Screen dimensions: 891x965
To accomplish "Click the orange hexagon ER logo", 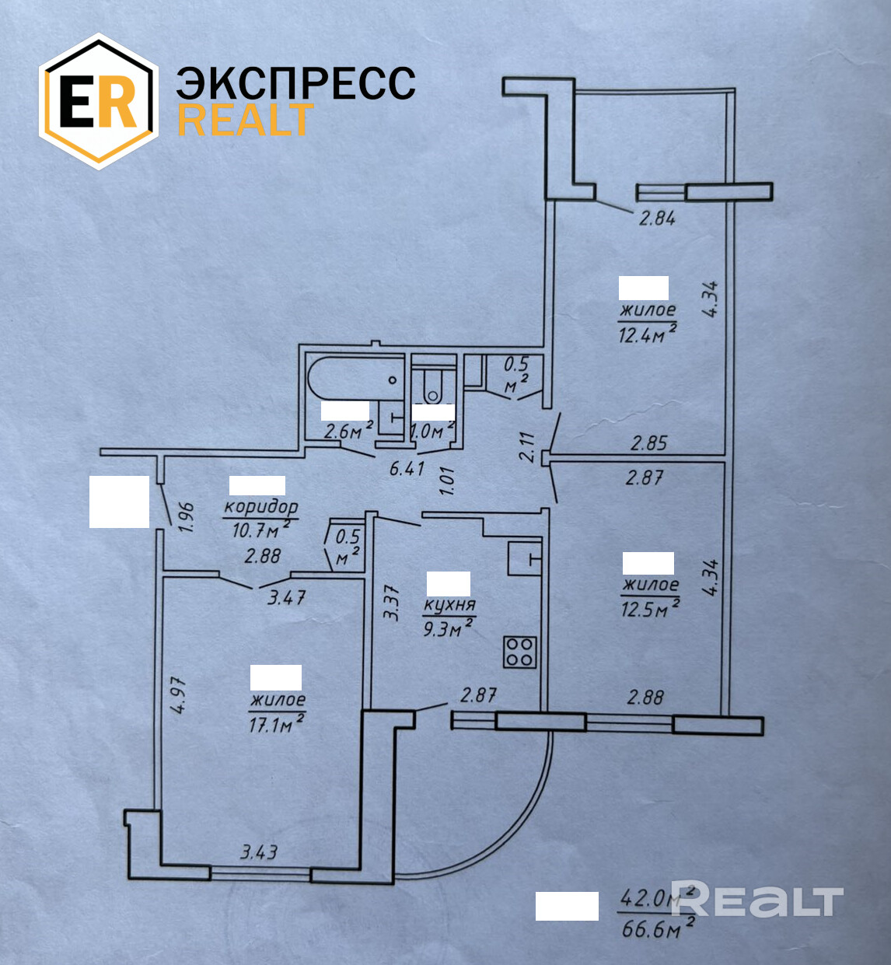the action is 99,101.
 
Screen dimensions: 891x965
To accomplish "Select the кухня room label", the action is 449,605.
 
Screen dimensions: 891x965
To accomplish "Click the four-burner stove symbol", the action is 519,652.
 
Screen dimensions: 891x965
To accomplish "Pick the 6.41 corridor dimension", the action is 407,469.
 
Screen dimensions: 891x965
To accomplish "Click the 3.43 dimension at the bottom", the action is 259,852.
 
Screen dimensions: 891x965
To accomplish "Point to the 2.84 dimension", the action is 657,218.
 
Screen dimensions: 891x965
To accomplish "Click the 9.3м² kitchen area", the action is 448,628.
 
